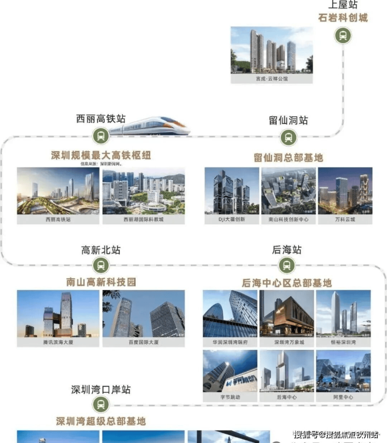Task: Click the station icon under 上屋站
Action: tap(343, 35)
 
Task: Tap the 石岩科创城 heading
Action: tap(343, 18)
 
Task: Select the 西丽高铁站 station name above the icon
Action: tap(100, 119)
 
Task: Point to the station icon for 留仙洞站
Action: tap(288, 138)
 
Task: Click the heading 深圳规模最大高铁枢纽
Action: tap(101, 155)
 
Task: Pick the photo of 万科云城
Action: tap(345, 190)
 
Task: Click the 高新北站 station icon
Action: tap(100, 266)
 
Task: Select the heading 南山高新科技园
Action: tap(101, 282)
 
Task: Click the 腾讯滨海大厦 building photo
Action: tap(58, 313)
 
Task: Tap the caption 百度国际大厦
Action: tap(143, 342)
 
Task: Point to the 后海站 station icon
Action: tap(287, 266)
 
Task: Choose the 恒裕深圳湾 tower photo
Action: tap(344, 313)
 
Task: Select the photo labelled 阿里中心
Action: tap(344, 370)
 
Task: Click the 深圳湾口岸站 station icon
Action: tap(100, 404)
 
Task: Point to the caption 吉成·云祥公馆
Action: tap(271, 78)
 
